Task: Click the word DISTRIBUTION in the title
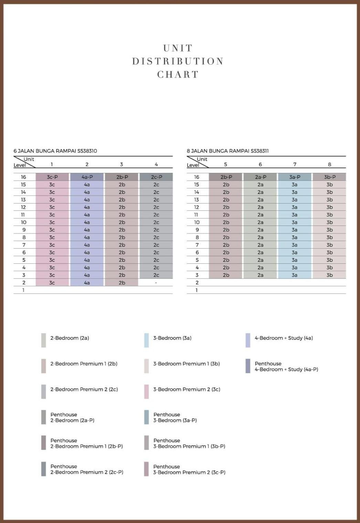tap(178, 61)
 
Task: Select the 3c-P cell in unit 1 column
tap(52, 177)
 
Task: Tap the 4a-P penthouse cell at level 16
tap(87, 177)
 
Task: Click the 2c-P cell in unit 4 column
tap(156, 177)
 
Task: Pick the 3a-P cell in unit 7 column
tap(295, 177)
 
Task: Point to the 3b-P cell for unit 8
tap(329, 177)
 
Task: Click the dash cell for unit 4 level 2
tap(156, 283)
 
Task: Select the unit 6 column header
tap(260, 164)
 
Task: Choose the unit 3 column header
tap(121, 164)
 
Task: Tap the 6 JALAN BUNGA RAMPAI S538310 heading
tap(55, 151)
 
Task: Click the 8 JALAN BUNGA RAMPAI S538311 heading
tap(228, 151)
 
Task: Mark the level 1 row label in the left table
tap(23, 290)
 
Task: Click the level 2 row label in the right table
tap(197, 283)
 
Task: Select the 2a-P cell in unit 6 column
tap(261, 177)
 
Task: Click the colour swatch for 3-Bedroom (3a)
tap(147, 340)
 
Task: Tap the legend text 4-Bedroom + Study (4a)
tap(284, 338)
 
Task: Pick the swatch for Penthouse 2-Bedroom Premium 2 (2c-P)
tap(44, 469)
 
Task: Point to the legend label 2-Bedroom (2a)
tap(70, 338)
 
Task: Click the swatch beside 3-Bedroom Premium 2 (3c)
tap(147, 392)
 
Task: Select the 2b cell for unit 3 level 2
tap(122, 283)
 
